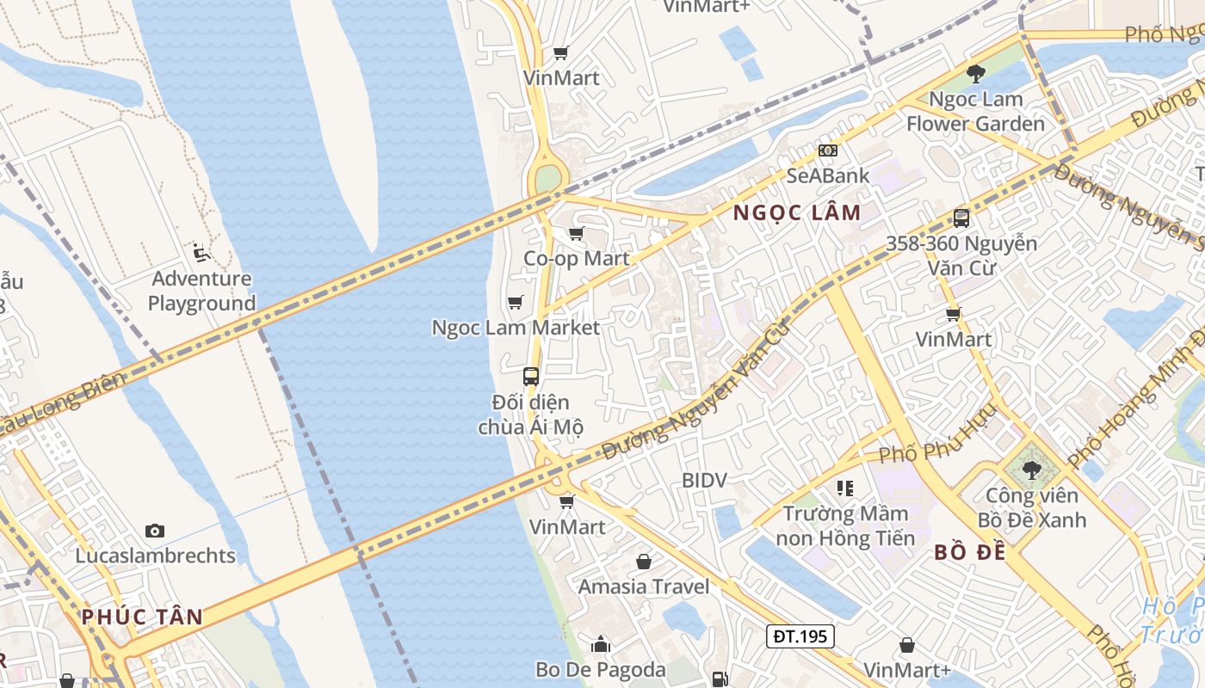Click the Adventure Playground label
tap(201, 291)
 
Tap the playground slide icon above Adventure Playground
tap(201, 252)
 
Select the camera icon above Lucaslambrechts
tap(155, 531)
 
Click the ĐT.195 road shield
tap(800, 636)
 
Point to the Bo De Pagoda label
tap(600, 669)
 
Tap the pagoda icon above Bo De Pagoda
tap(601, 643)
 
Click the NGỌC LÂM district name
tap(796, 213)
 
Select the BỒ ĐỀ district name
tap(970, 552)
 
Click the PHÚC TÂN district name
tap(142, 617)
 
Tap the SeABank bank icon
tap(827, 150)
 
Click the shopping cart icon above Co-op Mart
tap(577, 233)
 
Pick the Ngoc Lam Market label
tap(516, 328)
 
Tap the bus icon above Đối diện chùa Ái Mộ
tap(531, 376)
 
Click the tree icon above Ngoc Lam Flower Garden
tap(975, 74)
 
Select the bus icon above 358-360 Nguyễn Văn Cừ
tap(961, 218)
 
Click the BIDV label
tap(704, 480)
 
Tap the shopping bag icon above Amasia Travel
tap(644, 562)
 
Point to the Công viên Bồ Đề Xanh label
tap(1031, 507)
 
